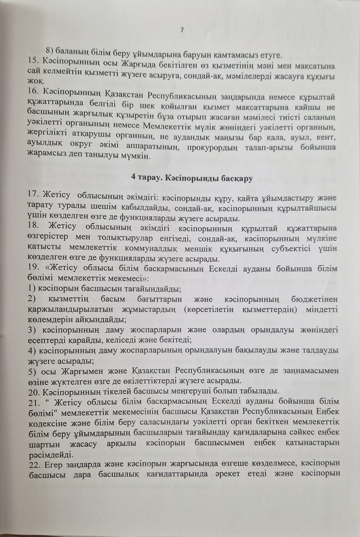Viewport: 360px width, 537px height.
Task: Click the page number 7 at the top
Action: click(182, 30)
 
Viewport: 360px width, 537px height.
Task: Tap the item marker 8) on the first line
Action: click(50, 51)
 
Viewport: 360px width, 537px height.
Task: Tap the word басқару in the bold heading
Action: click(237, 179)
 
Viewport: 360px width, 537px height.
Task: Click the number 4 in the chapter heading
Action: click(133, 179)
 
